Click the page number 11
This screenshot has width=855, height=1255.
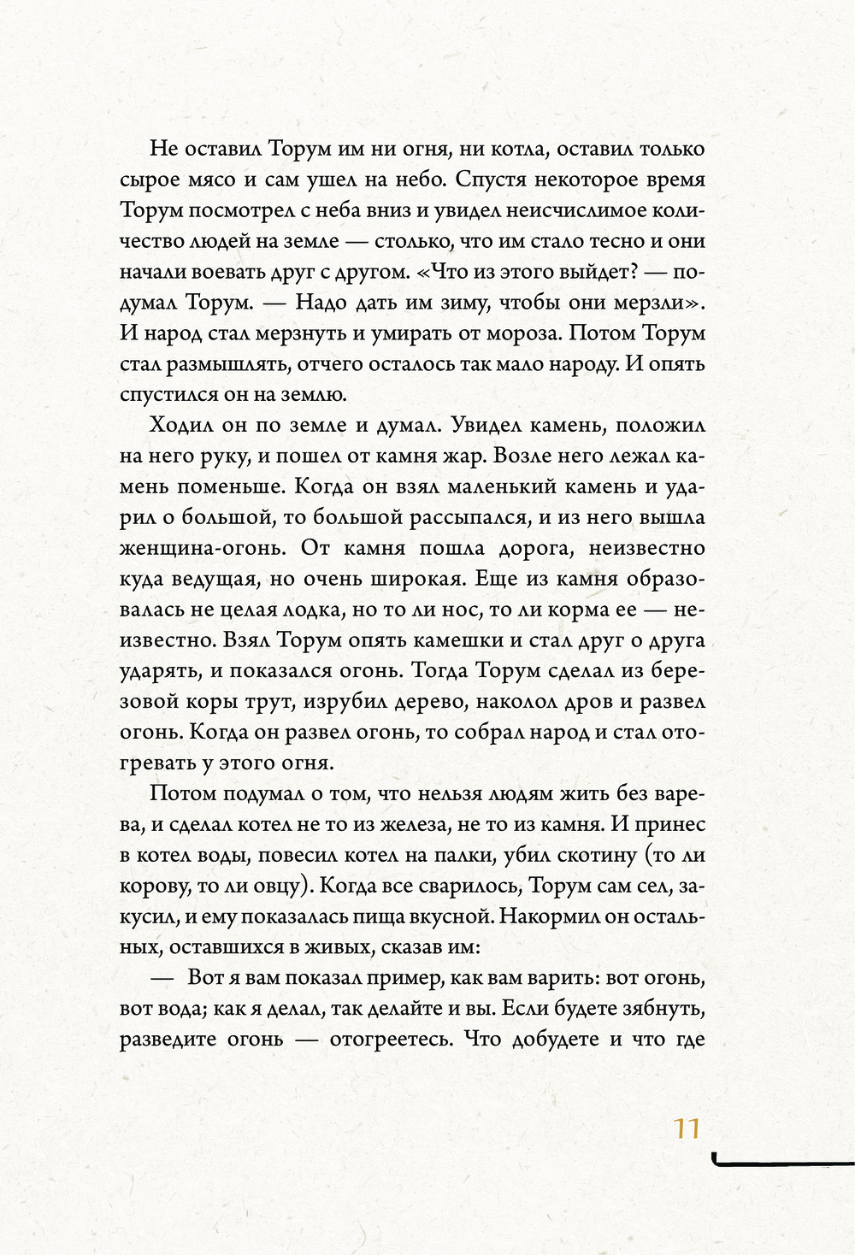687,1128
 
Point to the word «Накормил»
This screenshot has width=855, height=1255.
544,916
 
